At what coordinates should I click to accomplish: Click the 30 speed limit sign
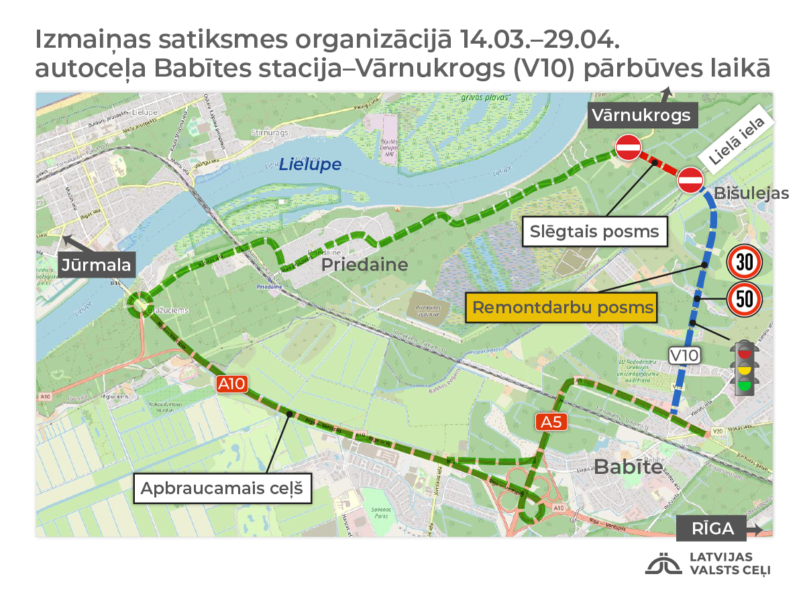tap(744, 263)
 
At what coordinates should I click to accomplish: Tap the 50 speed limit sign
tap(744, 299)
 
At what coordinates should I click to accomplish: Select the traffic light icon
tap(744, 367)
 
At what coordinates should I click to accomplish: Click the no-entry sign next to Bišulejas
tap(690, 180)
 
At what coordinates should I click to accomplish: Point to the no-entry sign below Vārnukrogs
tap(629, 147)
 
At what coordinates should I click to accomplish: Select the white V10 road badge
tap(684, 355)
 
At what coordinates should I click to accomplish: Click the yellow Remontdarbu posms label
tap(563, 308)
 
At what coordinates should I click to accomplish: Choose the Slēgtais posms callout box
tap(594, 232)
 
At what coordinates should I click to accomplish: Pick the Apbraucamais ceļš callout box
tap(223, 488)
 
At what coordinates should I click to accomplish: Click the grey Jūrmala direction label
tap(97, 264)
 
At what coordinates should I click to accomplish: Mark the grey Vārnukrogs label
tap(641, 115)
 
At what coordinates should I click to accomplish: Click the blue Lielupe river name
tap(310, 164)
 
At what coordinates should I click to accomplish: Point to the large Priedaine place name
tap(364, 265)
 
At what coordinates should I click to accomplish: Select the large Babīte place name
tap(629, 467)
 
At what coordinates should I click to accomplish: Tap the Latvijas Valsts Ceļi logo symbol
tap(663, 564)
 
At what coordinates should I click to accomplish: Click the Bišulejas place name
tap(751, 193)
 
